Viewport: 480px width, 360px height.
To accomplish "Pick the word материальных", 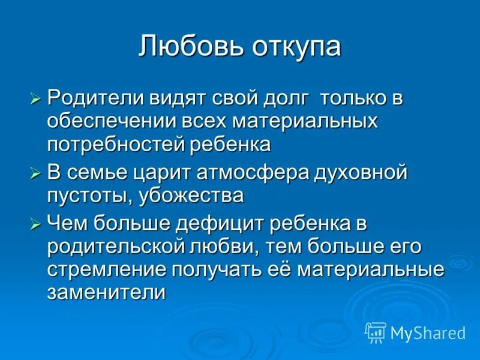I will pos(305,121).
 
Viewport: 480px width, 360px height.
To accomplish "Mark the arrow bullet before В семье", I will pos(35,173).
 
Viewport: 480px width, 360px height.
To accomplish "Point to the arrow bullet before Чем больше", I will pos(35,224).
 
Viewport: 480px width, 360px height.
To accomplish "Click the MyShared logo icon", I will pos(376,332).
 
